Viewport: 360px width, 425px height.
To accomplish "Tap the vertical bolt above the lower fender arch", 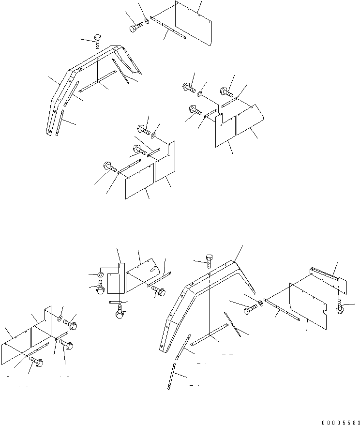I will click(209, 261).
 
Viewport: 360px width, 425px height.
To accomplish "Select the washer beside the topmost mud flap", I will click(147, 23).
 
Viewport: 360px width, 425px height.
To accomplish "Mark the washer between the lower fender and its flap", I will click(261, 304).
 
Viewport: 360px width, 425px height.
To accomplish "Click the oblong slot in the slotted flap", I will click(152, 270).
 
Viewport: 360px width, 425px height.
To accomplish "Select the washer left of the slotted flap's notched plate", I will click(99, 275).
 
